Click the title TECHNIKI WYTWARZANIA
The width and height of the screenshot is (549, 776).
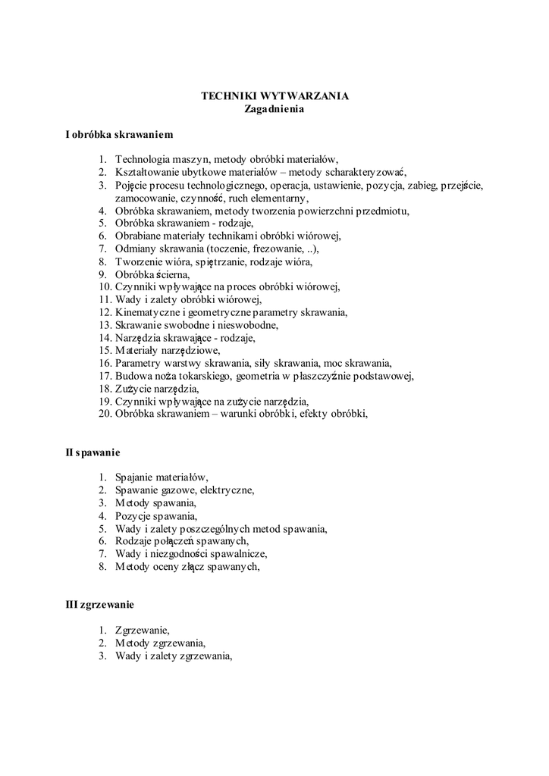274,96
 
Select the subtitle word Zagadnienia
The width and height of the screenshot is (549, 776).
274,109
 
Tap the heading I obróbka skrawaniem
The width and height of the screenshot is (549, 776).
120,135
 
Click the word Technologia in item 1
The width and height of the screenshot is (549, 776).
143,159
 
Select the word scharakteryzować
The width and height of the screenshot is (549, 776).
365,172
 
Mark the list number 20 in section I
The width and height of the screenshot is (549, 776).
104,414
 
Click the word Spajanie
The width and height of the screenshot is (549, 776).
134,478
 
